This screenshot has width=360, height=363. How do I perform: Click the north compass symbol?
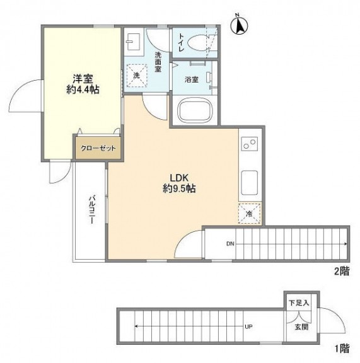(239, 25)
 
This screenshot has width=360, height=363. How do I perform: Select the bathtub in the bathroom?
(194, 110)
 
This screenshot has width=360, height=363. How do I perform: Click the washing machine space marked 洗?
(137, 76)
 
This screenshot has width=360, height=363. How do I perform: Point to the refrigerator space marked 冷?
(250, 214)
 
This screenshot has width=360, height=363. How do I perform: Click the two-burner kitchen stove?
(250, 144)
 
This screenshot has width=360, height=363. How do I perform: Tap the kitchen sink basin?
(250, 183)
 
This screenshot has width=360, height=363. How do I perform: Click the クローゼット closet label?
(98, 148)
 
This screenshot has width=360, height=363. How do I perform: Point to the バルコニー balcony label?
(93, 210)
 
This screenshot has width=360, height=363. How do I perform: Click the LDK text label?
(179, 178)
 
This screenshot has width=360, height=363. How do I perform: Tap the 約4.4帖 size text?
(83, 90)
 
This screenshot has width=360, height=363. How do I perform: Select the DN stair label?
(230, 243)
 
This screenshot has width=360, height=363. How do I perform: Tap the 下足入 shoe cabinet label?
(299, 302)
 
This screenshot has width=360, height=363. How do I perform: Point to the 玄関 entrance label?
(301, 327)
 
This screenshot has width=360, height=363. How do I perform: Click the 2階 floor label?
(341, 272)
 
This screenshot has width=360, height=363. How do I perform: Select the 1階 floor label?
(342, 349)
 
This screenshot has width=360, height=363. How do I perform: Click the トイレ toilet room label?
(182, 43)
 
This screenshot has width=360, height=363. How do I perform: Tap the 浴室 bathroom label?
(192, 80)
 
